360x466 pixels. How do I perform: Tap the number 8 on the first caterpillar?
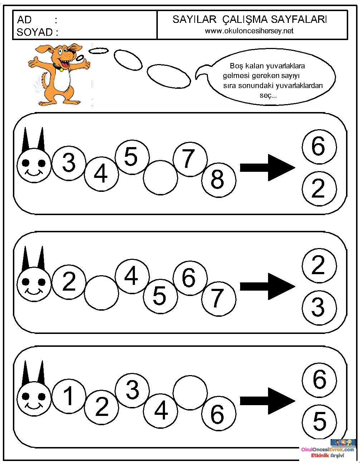(217, 180)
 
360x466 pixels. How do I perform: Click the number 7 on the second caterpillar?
(218, 298)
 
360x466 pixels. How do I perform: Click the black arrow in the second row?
(267, 286)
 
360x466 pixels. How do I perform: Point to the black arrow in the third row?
(267, 401)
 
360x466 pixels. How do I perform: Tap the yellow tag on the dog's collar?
(62, 69)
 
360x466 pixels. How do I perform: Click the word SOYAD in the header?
(34, 32)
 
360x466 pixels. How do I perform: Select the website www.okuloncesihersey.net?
(249, 31)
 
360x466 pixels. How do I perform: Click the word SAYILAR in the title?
(194, 20)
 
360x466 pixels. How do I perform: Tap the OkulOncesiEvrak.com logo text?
(327, 449)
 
